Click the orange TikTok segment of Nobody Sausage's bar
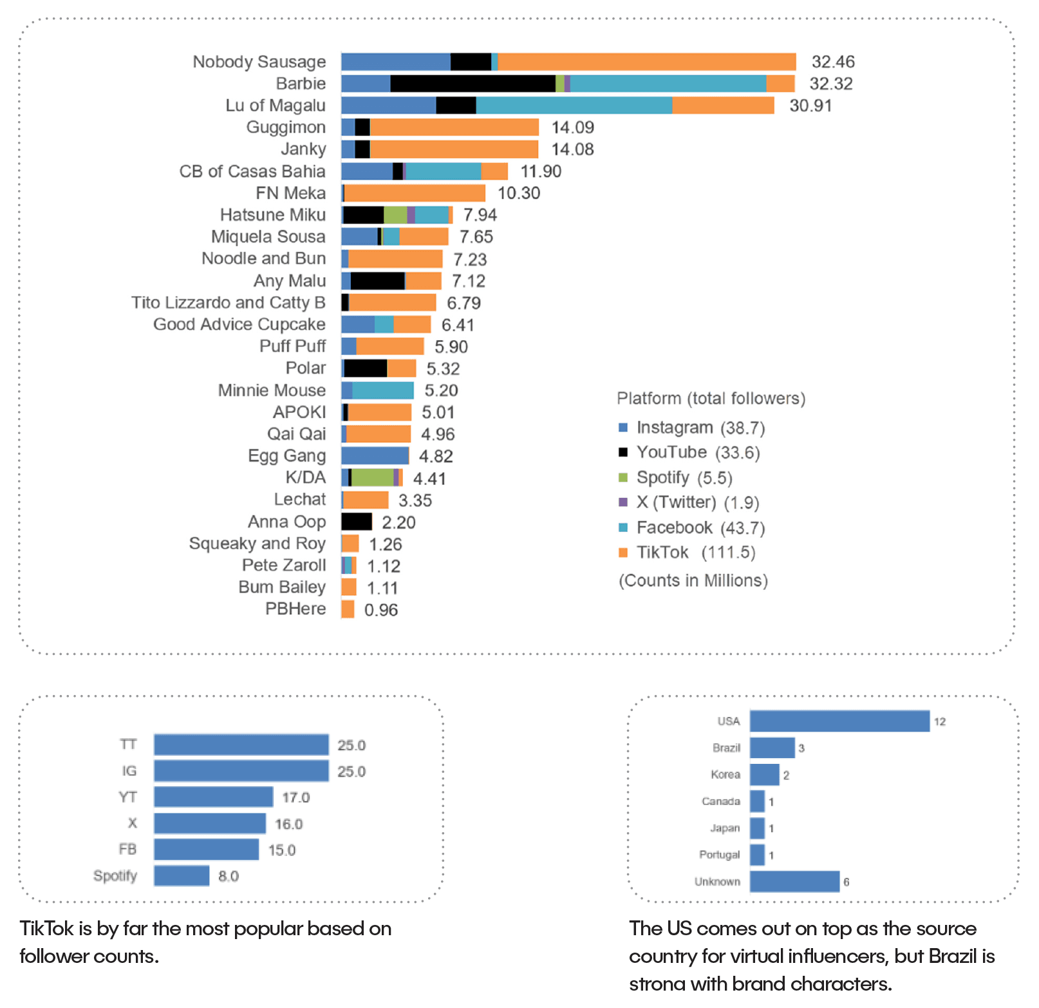click(646, 62)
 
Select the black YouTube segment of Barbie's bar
click(473, 84)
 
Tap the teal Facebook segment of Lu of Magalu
click(574, 106)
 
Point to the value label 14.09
click(572, 128)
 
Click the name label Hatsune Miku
click(272, 214)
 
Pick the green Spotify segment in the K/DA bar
click(372, 478)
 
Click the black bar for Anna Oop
click(357, 522)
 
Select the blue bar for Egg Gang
click(375, 456)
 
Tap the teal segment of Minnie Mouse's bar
click(382, 390)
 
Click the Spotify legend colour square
click(622, 477)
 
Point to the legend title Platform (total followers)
click(711, 399)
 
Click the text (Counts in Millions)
click(693, 581)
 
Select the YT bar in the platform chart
click(213, 797)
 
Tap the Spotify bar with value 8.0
click(182, 876)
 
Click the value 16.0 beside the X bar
click(288, 824)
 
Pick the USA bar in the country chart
click(839, 721)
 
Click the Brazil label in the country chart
click(726, 748)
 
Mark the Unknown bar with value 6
click(794, 882)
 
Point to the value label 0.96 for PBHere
click(380, 610)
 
